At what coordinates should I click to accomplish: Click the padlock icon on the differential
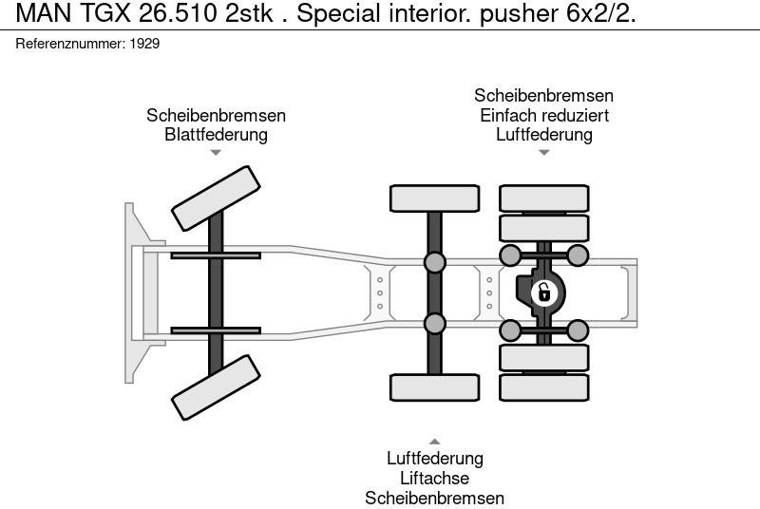tap(543, 292)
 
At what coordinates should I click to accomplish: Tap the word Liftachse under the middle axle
tap(434, 478)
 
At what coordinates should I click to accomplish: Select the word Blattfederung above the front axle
tap(216, 134)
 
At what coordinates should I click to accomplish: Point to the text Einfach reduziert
tap(543, 115)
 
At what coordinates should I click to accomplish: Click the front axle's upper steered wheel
tap(216, 198)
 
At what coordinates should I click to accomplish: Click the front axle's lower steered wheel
tap(216, 387)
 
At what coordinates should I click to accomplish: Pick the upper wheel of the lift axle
tap(434, 198)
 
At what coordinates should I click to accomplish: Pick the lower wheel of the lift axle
tap(434, 387)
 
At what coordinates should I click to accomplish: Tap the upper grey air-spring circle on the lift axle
tap(434, 263)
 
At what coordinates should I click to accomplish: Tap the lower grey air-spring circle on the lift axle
tap(434, 324)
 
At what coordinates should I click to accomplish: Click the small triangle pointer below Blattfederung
tap(216, 152)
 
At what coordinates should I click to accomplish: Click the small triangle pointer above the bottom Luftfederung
tap(434, 442)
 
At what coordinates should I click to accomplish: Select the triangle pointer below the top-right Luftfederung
tap(543, 152)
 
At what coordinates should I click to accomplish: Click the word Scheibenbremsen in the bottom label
tap(434, 498)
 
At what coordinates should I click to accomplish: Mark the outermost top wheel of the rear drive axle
tap(544, 198)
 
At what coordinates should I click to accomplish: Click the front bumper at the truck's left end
tap(135, 292)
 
